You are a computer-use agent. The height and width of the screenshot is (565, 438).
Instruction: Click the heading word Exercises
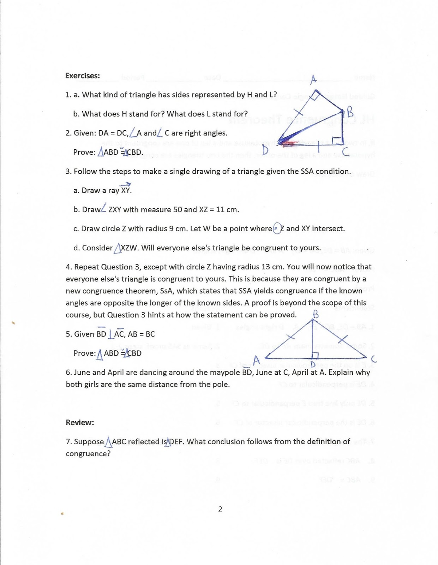[82, 76]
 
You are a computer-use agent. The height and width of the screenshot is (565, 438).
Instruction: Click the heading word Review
[80, 423]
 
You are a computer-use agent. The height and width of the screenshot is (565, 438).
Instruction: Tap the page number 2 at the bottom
[220, 509]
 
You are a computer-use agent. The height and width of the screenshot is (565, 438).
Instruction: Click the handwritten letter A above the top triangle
[313, 80]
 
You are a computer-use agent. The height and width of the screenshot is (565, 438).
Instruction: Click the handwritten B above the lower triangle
[316, 314]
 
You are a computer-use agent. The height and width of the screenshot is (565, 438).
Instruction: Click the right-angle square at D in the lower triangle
[316, 355]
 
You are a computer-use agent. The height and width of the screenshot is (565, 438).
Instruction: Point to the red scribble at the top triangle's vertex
[289, 143]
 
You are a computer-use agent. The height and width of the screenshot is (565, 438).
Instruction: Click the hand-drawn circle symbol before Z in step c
[277, 228]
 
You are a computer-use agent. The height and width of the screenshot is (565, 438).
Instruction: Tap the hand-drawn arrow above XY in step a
[126, 184]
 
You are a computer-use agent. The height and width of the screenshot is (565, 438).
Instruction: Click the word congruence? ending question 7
[88, 454]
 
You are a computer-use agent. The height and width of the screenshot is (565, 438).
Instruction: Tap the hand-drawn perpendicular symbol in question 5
[111, 334]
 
